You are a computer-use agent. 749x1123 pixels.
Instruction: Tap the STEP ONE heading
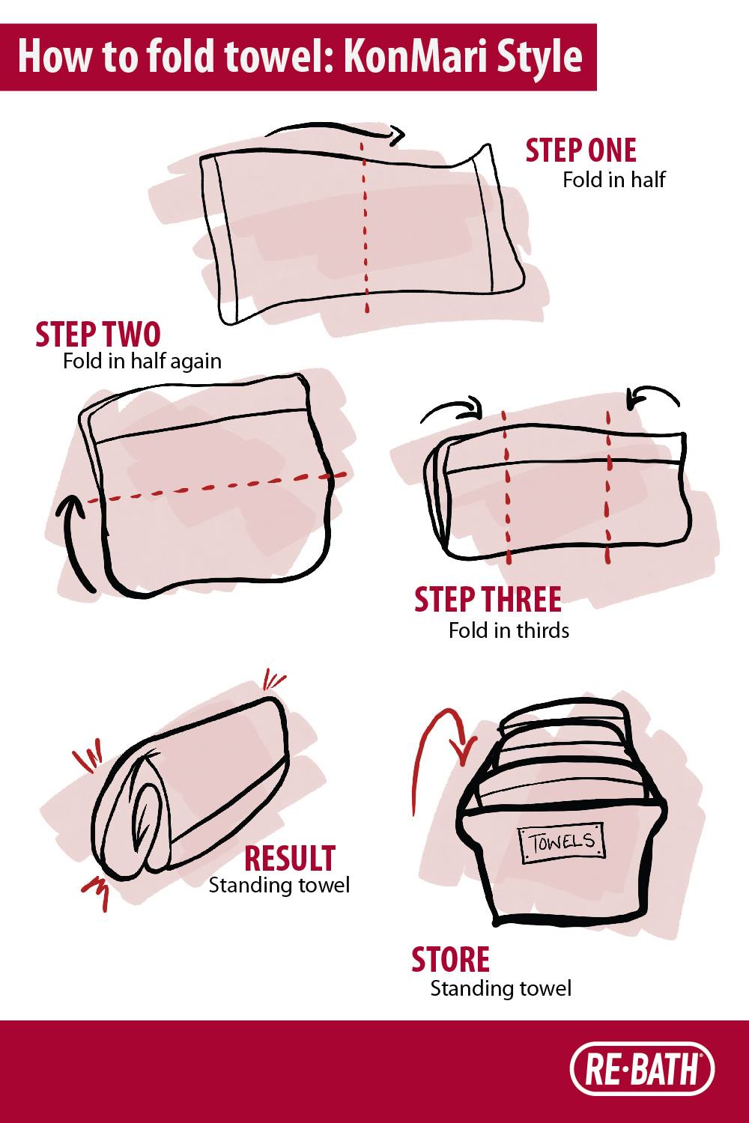click(581, 150)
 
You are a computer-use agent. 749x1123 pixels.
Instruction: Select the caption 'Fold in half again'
click(142, 362)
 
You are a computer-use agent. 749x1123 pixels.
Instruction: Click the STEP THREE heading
click(488, 600)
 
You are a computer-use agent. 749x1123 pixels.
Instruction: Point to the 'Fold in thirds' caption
click(509, 630)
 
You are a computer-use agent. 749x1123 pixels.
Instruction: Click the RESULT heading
click(290, 858)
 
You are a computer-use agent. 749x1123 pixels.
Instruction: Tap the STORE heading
click(450, 960)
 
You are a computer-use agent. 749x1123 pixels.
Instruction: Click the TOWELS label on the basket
click(561, 842)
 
